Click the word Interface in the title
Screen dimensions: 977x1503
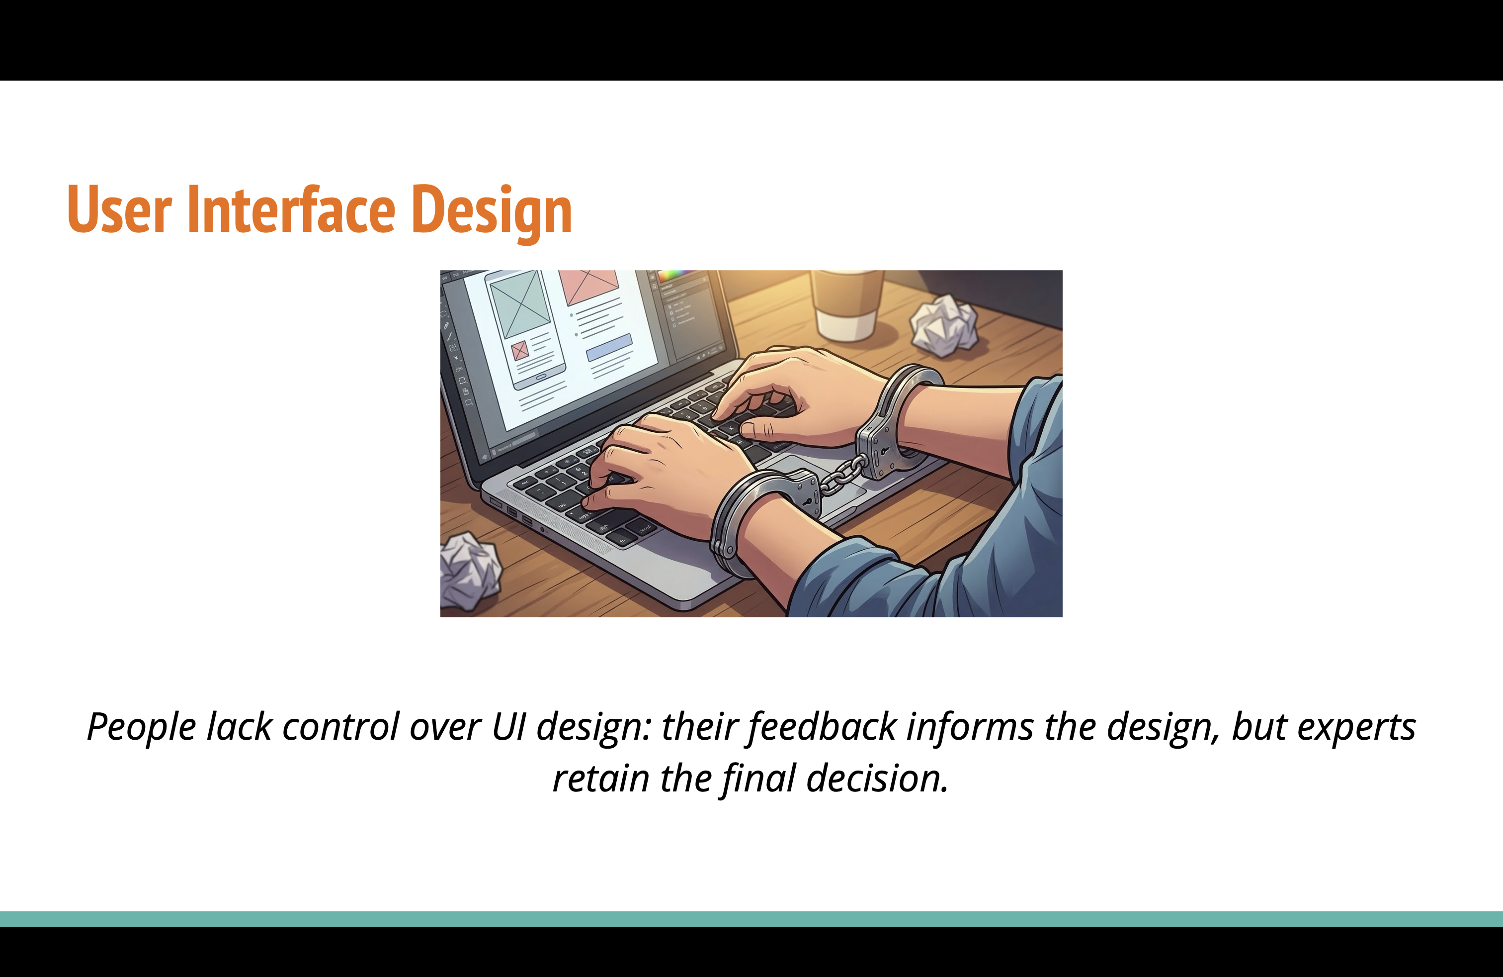pos(291,210)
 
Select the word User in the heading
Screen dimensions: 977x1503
pos(119,210)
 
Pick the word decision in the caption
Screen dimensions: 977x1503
pos(877,779)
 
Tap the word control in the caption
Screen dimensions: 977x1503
pos(341,727)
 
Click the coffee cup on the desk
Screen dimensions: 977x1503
pos(846,303)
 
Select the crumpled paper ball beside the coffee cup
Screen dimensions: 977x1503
pos(945,325)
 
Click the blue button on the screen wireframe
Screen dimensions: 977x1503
pos(609,348)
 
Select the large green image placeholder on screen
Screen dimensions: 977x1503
pos(520,303)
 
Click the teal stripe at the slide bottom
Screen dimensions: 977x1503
pos(751,919)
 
